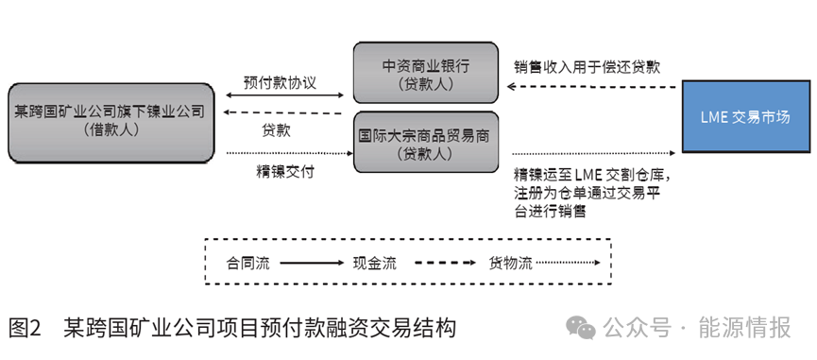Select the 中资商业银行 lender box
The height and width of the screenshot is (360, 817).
coord(425,73)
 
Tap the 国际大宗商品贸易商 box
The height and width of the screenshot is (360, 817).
coord(425,141)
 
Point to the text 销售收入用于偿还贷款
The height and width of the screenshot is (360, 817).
coord(587,68)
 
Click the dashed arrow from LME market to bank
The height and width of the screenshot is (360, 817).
coord(592,86)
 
